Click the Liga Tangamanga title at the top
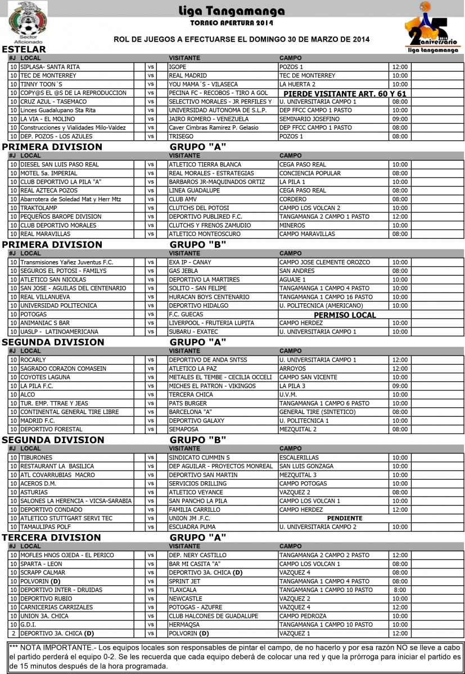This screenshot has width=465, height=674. pos(233,11)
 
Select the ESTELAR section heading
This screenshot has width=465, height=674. pos(24,49)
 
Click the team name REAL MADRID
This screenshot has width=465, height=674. pos(188,75)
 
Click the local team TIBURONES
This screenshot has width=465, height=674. pos(37,458)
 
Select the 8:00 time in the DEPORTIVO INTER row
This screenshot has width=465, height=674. pos(400,590)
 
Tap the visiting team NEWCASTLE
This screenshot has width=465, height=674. pos(185,599)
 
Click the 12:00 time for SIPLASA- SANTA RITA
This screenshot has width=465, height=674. pos(400,67)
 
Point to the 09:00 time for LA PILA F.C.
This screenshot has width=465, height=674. pos(400,386)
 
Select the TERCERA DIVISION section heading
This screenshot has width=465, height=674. pos(52,538)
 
